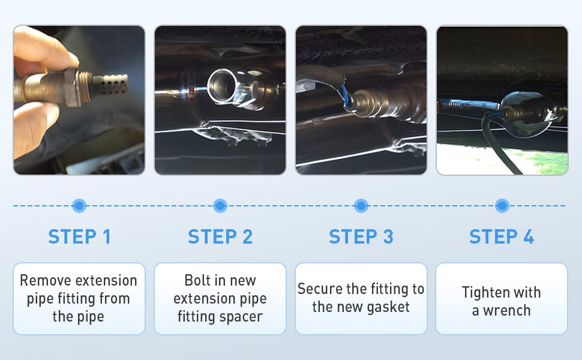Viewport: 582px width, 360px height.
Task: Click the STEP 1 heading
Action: (x=79, y=236)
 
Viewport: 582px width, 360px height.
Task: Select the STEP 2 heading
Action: (x=220, y=236)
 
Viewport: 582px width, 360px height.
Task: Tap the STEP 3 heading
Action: (x=361, y=236)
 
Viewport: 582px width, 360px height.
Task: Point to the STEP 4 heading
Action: (x=502, y=236)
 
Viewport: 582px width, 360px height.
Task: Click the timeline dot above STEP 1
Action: (x=79, y=206)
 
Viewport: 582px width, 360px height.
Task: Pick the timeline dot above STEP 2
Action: (x=220, y=206)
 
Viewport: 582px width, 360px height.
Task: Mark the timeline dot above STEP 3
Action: (x=361, y=206)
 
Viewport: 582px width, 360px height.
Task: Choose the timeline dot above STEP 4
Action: (x=502, y=206)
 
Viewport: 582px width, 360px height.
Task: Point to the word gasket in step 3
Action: (x=388, y=307)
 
